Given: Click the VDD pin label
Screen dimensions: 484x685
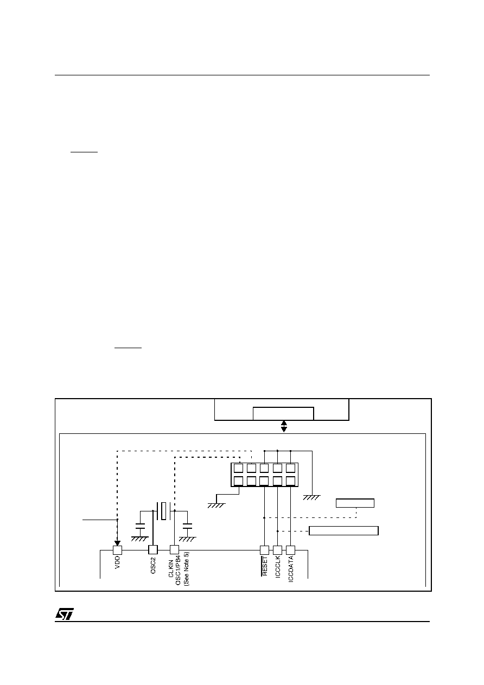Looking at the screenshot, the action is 118,562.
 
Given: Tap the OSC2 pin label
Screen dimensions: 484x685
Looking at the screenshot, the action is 153,565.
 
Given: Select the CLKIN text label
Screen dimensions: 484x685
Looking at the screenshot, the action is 171,568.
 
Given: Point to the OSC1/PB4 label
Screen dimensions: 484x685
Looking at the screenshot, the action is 179,568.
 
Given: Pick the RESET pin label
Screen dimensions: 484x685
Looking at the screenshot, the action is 265,566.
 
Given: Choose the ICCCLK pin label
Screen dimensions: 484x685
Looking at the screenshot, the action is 278,567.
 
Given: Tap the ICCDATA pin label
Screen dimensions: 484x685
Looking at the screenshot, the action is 291,568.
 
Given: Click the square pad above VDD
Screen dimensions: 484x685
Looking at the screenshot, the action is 118,550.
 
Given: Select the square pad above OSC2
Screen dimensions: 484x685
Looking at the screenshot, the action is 153,550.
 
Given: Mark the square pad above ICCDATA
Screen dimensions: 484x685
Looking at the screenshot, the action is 291,550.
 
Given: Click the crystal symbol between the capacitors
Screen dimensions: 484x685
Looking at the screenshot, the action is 164,511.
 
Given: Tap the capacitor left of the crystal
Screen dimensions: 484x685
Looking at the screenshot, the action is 140,526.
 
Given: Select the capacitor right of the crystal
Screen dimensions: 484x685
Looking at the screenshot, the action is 187,526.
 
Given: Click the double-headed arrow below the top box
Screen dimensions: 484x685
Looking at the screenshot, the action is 284,426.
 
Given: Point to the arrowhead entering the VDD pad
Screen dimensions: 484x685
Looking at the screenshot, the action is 118,543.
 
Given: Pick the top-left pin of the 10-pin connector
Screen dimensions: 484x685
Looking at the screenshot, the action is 238,468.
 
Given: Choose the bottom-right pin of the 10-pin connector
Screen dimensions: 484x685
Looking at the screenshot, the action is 290,481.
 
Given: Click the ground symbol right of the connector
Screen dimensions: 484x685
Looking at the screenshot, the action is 312,497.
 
